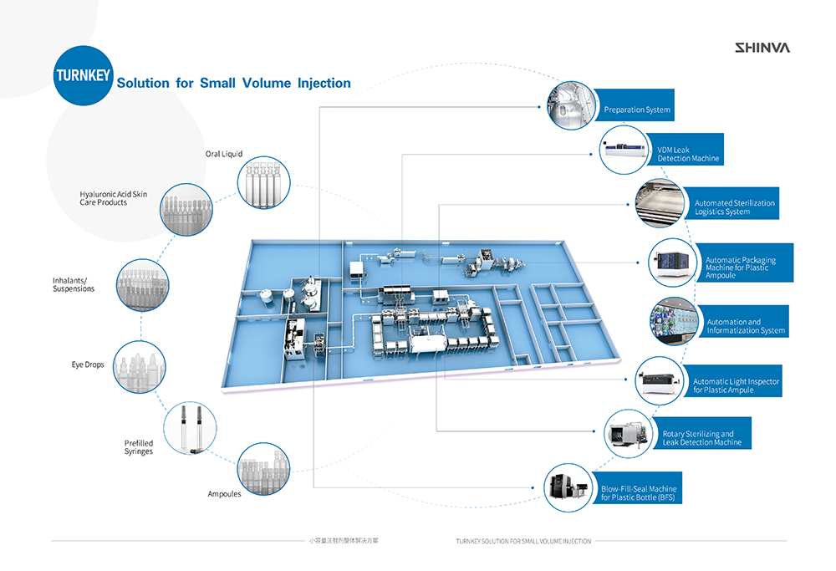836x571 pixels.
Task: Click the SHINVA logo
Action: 762,48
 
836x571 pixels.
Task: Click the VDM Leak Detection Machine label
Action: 688,154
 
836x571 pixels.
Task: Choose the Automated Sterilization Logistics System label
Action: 734,207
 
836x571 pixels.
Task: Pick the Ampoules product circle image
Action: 262,467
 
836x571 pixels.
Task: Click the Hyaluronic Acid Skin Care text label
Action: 114,198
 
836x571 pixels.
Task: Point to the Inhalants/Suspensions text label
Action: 74,284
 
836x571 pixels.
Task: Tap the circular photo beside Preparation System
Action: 572,105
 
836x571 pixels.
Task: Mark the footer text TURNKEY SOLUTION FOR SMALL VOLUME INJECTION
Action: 523,541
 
